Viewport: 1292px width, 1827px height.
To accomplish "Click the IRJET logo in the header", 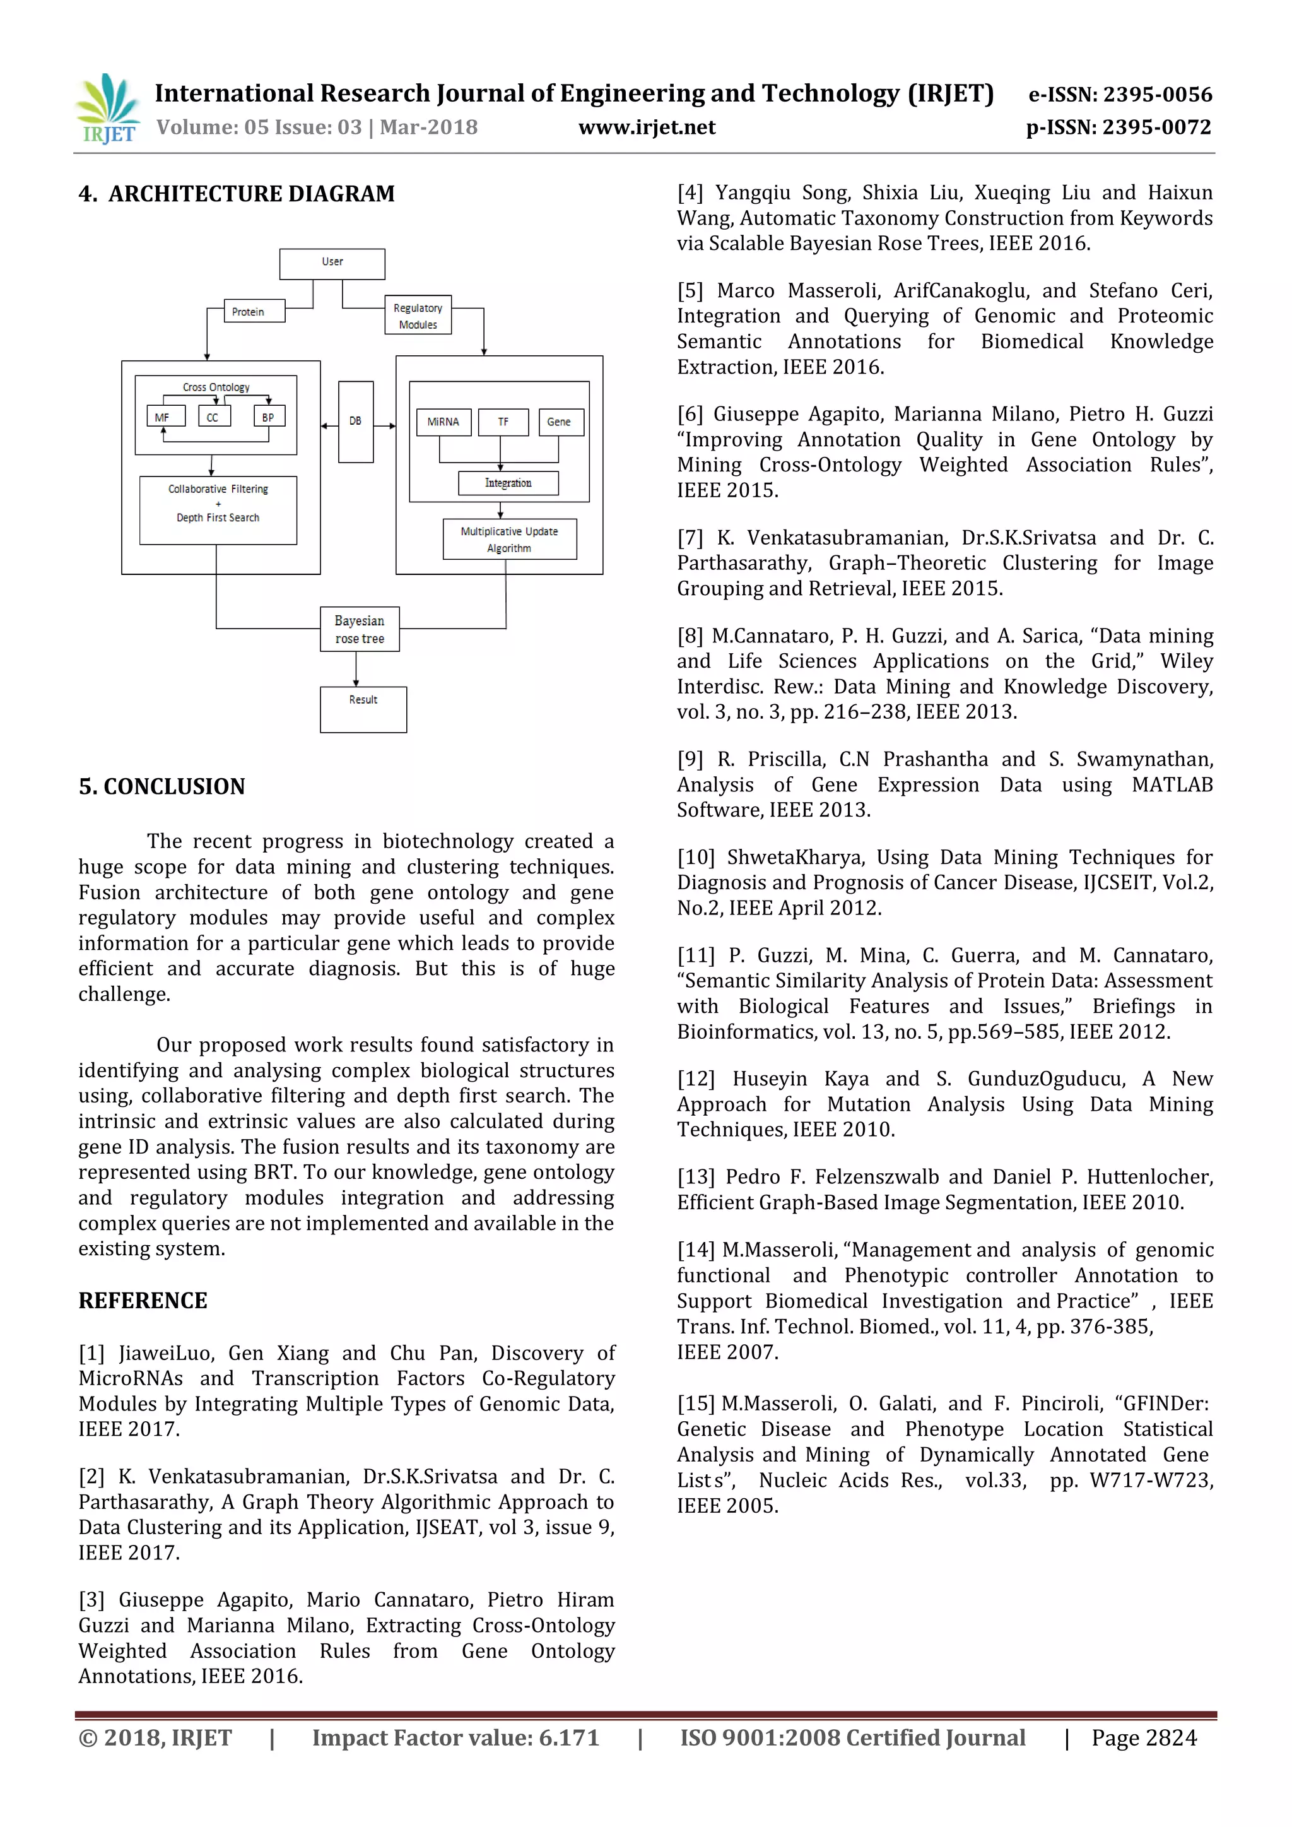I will [107, 109].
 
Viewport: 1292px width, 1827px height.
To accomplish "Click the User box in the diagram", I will [332, 263].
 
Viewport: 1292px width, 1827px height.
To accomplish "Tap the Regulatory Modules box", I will [418, 316].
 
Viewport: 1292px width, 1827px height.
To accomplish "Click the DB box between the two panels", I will [356, 422].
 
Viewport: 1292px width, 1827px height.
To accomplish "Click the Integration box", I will [508, 483].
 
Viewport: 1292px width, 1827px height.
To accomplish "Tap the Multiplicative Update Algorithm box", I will [509, 540].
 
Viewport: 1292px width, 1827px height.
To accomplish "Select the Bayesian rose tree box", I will [360, 629].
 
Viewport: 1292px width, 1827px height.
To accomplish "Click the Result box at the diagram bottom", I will [363, 709].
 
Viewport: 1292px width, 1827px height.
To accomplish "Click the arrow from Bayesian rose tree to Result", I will [356, 670].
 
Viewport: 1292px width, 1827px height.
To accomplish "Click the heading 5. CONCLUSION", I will [161, 786].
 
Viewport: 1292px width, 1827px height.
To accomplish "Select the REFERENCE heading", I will [143, 1300].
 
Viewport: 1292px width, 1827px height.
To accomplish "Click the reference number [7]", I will [690, 538].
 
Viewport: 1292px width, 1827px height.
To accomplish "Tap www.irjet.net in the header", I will [646, 127].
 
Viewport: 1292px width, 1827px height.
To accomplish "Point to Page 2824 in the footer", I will [1143, 1737].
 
